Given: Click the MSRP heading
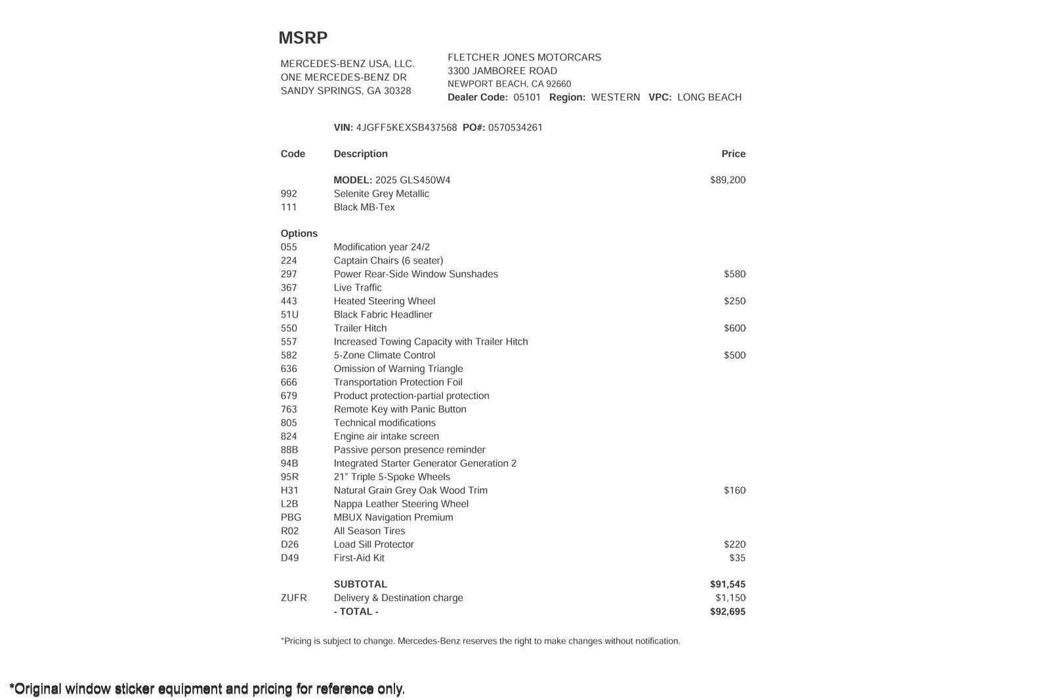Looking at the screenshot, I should click(303, 38).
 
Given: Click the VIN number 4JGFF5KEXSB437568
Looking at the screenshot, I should click(406, 128).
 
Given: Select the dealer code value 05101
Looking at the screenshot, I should click(527, 98).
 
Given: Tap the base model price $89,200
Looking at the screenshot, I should click(727, 180).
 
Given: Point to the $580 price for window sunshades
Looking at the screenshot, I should click(734, 274).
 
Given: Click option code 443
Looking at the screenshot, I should click(289, 301).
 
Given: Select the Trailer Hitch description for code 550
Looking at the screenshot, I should click(360, 328).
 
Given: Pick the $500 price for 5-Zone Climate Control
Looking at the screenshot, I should click(734, 356).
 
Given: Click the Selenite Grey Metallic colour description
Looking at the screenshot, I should click(381, 194).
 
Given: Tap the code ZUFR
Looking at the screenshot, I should click(293, 598).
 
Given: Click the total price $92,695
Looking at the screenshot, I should click(727, 612).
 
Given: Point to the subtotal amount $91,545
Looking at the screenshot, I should click(727, 585).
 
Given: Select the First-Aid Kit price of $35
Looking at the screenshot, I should click(737, 558).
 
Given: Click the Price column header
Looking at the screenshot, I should click(733, 154).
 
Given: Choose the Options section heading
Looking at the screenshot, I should click(299, 234).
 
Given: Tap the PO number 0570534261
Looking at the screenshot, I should click(515, 128).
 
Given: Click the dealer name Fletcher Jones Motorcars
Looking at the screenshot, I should click(524, 58).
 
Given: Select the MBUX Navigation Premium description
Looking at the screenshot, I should click(393, 518).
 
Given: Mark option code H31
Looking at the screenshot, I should click(289, 491).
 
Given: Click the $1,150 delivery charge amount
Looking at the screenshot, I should click(730, 598).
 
